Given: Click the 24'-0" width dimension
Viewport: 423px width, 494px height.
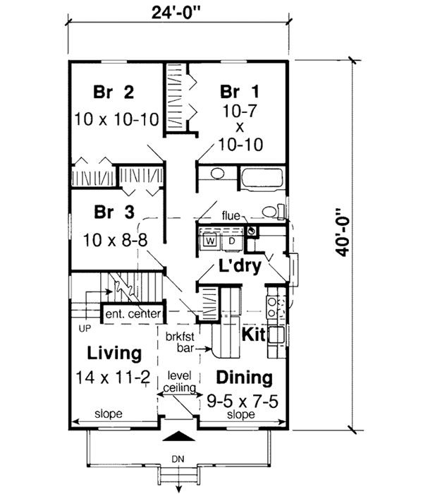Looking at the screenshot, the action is coord(176,13).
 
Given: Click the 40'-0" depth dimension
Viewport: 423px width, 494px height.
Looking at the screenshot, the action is coord(342,232).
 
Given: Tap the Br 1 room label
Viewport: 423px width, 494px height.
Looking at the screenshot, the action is coord(240,92).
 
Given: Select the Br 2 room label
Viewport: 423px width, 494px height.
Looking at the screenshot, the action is coord(114,92).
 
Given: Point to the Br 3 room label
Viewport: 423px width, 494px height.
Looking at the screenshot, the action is coord(114,212).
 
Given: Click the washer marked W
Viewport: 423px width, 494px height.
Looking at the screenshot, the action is coord(211,241).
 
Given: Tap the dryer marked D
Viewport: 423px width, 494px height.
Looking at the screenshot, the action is coord(232,241).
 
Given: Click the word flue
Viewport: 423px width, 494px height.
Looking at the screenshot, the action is coord(231,216).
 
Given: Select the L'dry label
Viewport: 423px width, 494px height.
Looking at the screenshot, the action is coord(240,266).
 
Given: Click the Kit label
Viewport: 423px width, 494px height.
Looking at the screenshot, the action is coord(253,335).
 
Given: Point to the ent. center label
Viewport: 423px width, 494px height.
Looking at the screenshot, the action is coord(133,314).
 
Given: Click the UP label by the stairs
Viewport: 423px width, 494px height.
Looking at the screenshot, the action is coord(85,329).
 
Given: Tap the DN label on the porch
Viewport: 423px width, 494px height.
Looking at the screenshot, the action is coord(178,459).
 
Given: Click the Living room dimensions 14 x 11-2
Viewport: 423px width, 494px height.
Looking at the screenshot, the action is coord(113,377).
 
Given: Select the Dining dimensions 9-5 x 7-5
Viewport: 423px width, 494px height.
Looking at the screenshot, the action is coord(243,402).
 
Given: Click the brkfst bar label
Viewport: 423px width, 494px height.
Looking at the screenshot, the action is coord(180,342).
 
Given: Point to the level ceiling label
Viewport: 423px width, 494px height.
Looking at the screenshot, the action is coord(180,382).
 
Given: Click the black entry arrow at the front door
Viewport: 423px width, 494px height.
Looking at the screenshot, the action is coord(178,435).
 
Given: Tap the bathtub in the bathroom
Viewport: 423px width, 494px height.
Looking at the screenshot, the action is coord(262,179).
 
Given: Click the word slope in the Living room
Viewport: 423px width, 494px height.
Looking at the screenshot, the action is coord(109,414).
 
